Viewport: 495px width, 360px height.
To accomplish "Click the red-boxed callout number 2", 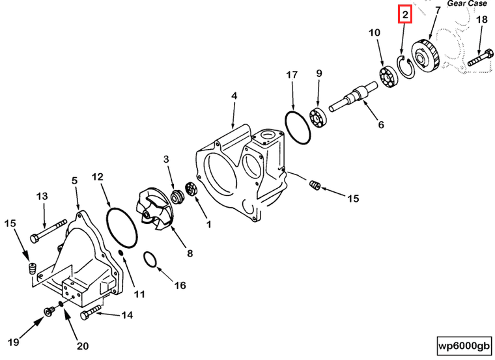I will coord(405,14).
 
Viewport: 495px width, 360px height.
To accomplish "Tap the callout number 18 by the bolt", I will coord(481,20).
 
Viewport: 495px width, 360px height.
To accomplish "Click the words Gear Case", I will coord(467,3).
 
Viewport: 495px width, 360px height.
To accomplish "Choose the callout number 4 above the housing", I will coord(233,97).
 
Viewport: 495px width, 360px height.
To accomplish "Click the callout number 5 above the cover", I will coord(74,180).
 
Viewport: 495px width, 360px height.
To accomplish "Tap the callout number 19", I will coord(12,342).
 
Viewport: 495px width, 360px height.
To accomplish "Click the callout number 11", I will coord(139,294).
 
